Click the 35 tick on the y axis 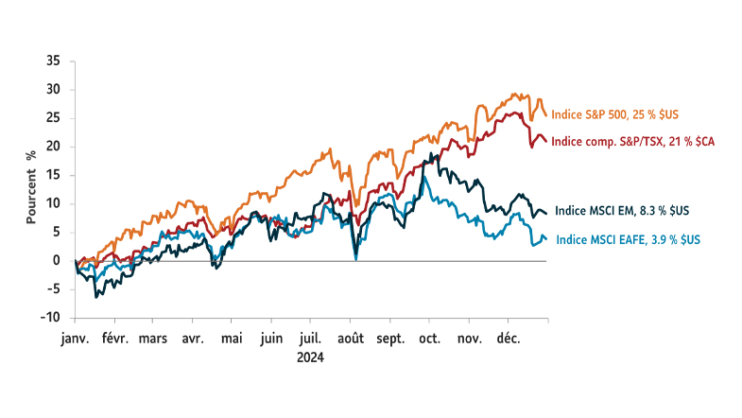[53, 61]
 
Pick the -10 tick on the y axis [51, 318]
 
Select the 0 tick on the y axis [57, 261]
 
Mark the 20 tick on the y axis [53, 147]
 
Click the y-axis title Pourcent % [31, 185]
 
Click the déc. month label [509, 337]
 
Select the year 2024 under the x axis [310, 357]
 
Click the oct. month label [429, 337]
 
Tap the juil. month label [310, 337]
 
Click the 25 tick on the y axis [53, 118]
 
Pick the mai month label [232, 337]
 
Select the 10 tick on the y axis [53, 203]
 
